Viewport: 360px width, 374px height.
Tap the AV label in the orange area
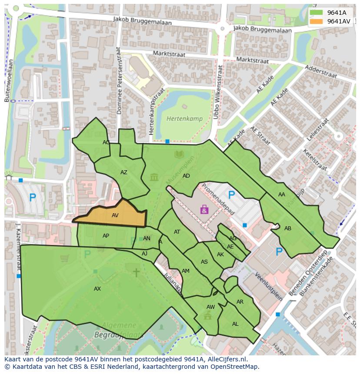115,215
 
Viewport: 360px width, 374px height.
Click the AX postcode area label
97,288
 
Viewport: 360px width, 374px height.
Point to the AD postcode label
186,176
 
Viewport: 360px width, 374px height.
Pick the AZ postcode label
124,172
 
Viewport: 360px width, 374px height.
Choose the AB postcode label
288,228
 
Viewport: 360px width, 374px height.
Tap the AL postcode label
235,324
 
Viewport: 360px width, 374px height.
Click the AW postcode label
210,307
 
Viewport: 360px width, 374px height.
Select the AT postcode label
177,232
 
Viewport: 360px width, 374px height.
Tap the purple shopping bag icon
204,210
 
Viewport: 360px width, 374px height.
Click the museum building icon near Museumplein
154,177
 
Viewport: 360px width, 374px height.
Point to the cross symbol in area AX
136,272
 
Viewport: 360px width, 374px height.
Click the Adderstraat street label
321,72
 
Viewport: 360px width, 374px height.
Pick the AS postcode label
204,262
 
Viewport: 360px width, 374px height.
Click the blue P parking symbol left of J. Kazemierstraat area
32,198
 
